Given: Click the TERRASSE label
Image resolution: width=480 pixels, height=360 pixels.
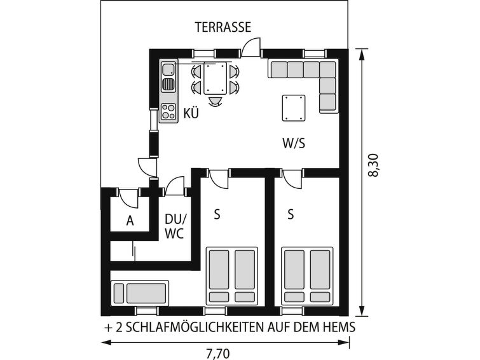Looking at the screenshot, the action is [x=223, y=27].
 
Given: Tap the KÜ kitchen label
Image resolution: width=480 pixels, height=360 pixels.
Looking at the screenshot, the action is [x=191, y=113].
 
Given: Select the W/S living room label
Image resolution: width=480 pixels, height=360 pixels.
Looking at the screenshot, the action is [x=294, y=143].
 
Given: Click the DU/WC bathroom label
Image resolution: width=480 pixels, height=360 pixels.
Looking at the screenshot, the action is [x=175, y=226].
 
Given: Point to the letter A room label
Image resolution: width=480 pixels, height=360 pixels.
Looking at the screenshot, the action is [x=130, y=221].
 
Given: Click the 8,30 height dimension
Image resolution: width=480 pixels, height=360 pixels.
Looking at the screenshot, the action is [x=373, y=165].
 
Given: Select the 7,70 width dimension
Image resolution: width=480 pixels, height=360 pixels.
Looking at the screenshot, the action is [x=217, y=354].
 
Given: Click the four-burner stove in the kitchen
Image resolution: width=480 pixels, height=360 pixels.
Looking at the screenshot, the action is [x=168, y=111].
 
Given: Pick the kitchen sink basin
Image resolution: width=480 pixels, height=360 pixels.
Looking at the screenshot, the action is [x=168, y=69].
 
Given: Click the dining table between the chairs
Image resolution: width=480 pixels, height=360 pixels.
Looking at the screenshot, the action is [x=215, y=78].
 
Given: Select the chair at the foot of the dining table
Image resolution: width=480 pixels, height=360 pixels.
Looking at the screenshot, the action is [x=215, y=101].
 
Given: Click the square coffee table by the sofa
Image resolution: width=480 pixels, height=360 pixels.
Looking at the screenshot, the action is [x=294, y=108].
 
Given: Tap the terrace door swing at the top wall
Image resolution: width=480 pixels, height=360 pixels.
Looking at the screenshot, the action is [x=251, y=48].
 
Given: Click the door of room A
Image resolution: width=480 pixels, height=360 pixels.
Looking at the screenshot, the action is [x=128, y=198].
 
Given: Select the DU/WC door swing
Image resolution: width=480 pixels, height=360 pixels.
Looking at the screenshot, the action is [x=175, y=186].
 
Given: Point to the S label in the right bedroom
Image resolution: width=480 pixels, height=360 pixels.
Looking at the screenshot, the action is [x=291, y=214].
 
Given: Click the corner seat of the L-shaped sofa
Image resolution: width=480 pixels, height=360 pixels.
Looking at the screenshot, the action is [x=327, y=69].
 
